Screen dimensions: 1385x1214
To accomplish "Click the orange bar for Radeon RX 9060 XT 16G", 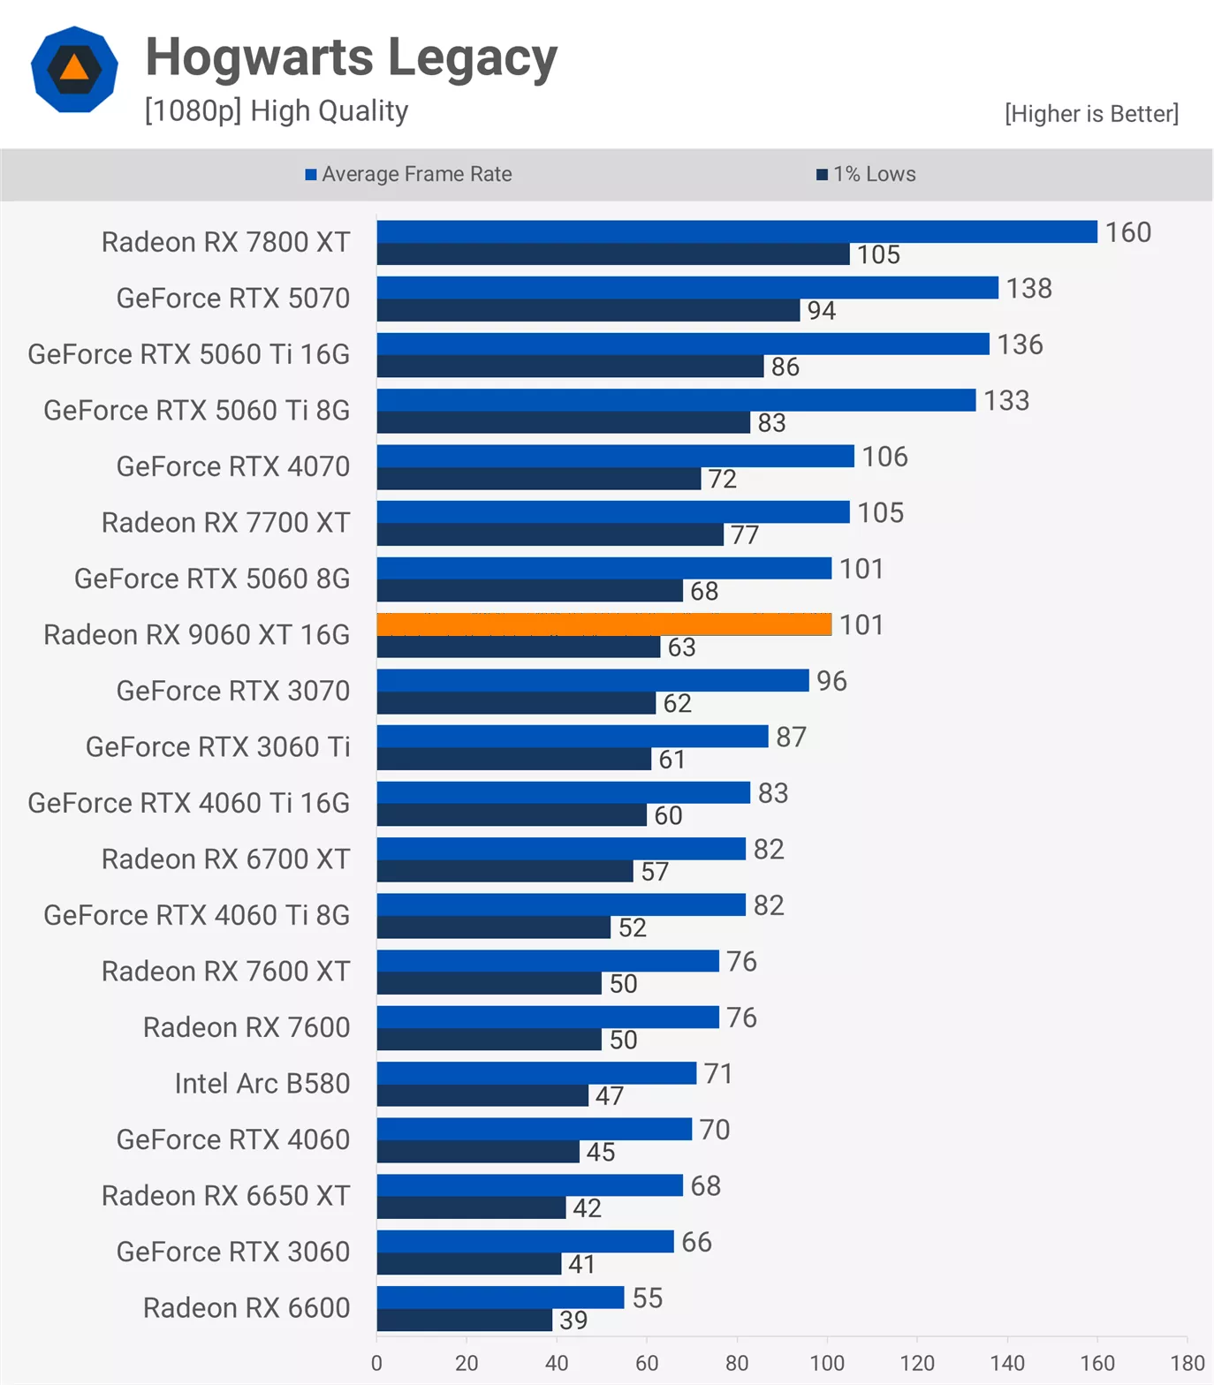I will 604,624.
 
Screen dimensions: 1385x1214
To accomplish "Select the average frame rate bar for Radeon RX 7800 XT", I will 737,231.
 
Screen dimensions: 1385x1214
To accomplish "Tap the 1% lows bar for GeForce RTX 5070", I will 588,310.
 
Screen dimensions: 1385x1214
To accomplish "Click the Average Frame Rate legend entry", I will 409,174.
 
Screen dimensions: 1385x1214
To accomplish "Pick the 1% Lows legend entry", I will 867,174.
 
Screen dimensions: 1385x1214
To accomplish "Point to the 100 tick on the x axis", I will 827,1362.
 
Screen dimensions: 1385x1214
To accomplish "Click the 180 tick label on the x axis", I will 1187,1362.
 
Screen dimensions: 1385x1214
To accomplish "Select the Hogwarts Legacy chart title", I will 352,57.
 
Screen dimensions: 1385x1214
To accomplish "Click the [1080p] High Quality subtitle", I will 277,111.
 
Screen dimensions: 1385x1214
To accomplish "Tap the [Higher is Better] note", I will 1091,114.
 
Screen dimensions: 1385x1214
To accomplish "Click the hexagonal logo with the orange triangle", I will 74,69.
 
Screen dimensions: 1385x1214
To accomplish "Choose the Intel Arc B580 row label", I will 262,1083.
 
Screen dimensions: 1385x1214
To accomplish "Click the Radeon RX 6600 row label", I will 247,1307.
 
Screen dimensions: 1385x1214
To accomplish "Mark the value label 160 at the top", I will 1128,232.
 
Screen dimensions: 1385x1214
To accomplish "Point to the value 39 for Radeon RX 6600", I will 573,1320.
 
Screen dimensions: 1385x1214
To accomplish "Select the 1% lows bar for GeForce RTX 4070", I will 539,479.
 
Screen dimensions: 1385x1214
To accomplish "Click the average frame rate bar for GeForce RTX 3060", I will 525,1241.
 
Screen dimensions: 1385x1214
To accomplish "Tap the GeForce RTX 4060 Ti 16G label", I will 189,803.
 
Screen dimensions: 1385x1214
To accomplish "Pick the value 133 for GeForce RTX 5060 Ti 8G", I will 1006,400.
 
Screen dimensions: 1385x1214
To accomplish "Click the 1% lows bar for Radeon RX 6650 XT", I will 471,1207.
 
